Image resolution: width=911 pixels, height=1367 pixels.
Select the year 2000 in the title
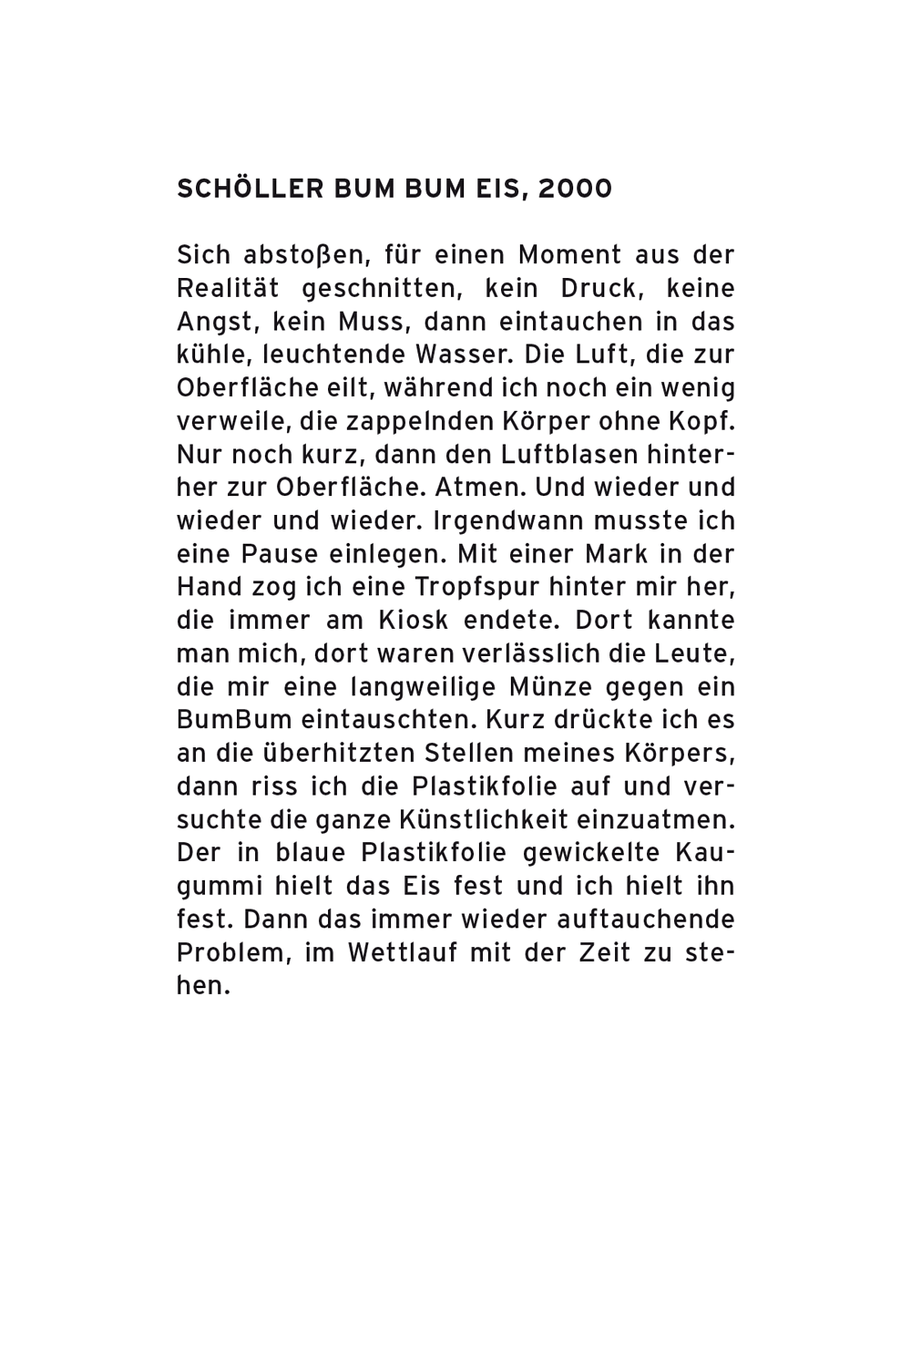pyautogui.click(x=576, y=189)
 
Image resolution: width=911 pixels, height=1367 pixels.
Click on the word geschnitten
pyautogui.click(x=380, y=288)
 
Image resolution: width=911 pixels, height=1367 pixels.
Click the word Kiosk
pyautogui.click(x=412, y=621)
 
